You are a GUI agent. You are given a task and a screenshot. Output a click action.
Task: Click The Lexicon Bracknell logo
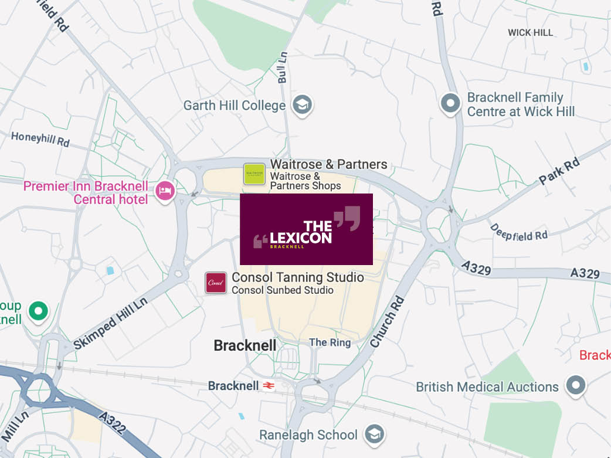pos(306,229)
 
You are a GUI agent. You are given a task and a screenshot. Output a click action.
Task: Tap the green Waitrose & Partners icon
pos(254,174)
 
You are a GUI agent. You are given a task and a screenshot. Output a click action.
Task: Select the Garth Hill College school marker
pos(303,105)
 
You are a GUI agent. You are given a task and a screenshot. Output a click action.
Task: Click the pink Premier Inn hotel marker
pos(165,191)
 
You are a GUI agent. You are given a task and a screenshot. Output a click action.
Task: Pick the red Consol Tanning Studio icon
pos(215,283)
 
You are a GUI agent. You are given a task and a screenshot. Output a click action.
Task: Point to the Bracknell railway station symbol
pos(269,386)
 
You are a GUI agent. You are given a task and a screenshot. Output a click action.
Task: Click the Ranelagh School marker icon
pos(374,435)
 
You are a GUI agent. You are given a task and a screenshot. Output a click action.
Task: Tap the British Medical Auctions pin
pos(576,386)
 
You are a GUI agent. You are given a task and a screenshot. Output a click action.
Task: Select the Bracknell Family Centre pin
pos(450,103)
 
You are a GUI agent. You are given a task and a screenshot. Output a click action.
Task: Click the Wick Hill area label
pos(530,33)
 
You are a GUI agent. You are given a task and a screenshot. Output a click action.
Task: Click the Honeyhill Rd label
pos(40,140)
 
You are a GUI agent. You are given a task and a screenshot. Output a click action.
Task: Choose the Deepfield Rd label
pos(518,233)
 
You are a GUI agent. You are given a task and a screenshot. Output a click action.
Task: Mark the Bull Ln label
pos(283,67)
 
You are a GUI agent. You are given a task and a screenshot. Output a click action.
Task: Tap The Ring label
pos(330,342)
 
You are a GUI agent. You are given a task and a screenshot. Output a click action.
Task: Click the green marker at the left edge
pos(39,310)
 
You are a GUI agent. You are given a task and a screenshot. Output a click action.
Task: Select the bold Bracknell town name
pos(245,345)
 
